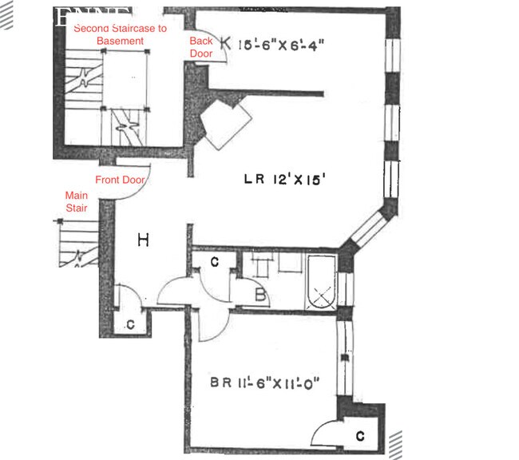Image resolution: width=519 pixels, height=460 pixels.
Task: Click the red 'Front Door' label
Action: pos(120,180)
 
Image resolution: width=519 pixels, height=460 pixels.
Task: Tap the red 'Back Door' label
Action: pos(201,47)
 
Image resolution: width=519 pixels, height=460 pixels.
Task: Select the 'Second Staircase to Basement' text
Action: pos(120,34)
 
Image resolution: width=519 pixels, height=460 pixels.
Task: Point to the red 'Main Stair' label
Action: pos(77,201)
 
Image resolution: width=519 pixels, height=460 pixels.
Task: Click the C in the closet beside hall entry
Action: pos(131,323)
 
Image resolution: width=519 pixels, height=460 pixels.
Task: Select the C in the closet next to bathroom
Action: pos(215,261)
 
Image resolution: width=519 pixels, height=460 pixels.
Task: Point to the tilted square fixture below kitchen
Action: pos(226,125)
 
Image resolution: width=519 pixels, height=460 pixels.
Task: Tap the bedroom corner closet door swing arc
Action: pos(323,431)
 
